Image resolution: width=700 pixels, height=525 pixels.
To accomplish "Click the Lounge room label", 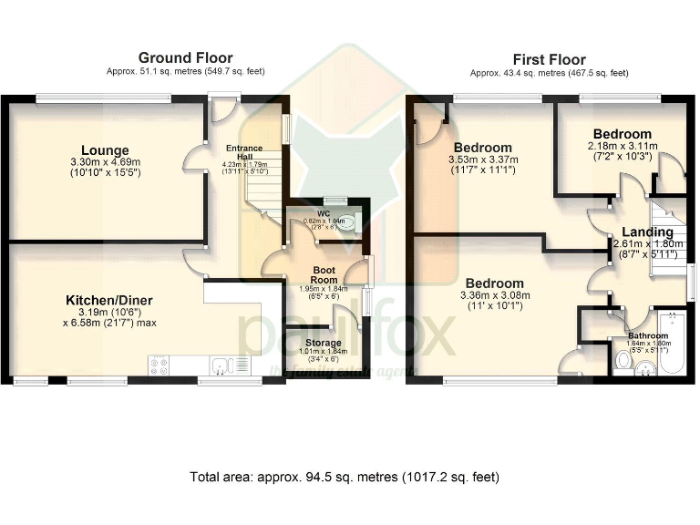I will [x=105, y=150].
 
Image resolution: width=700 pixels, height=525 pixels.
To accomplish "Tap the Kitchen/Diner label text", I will [x=108, y=300].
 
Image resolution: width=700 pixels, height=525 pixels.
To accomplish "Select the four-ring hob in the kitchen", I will [x=158, y=365].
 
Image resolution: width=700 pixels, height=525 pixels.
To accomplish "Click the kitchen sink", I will [x=219, y=366].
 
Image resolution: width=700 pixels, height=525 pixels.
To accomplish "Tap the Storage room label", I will [x=324, y=343].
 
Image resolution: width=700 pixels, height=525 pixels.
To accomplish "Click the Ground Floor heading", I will [x=185, y=58].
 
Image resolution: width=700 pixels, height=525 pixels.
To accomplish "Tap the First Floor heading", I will [x=549, y=60].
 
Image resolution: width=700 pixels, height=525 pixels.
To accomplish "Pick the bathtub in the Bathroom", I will [x=676, y=344].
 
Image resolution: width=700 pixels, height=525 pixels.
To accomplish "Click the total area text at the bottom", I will [x=345, y=477].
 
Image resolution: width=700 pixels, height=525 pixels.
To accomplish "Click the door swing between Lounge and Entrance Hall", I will [x=193, y=156].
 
